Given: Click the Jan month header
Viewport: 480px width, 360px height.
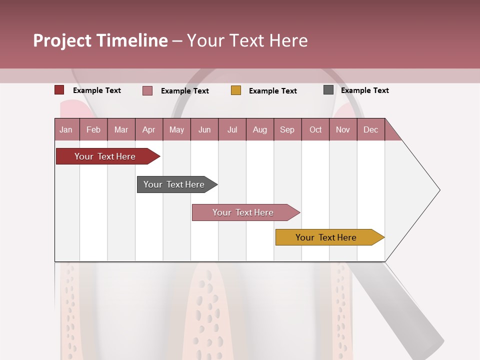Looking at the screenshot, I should pos(66,130).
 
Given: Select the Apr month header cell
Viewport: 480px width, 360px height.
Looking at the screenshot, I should pos(148,130).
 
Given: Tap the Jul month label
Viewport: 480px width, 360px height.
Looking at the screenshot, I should pos(232,130).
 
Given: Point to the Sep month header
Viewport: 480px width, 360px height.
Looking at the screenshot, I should pos(287,130).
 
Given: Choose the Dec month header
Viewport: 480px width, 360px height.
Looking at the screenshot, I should pos(370,130).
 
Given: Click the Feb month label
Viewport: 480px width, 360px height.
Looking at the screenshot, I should pos(93,130).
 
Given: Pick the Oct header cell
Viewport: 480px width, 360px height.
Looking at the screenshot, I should pos(315,130).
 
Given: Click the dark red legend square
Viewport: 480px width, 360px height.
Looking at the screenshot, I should pos(59,90).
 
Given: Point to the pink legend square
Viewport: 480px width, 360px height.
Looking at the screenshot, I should pos(147,90).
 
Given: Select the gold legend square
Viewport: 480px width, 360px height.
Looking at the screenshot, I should pos(236,90).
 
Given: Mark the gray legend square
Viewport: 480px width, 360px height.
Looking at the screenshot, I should pos(328,90).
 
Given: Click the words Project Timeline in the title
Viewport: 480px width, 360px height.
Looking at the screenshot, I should pos(100,41).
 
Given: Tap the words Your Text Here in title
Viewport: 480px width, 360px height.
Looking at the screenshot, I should pos(247,41).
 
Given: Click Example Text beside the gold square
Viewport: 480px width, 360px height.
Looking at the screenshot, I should pos(272,91).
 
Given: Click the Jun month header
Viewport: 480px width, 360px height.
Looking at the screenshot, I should pos(204,130).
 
